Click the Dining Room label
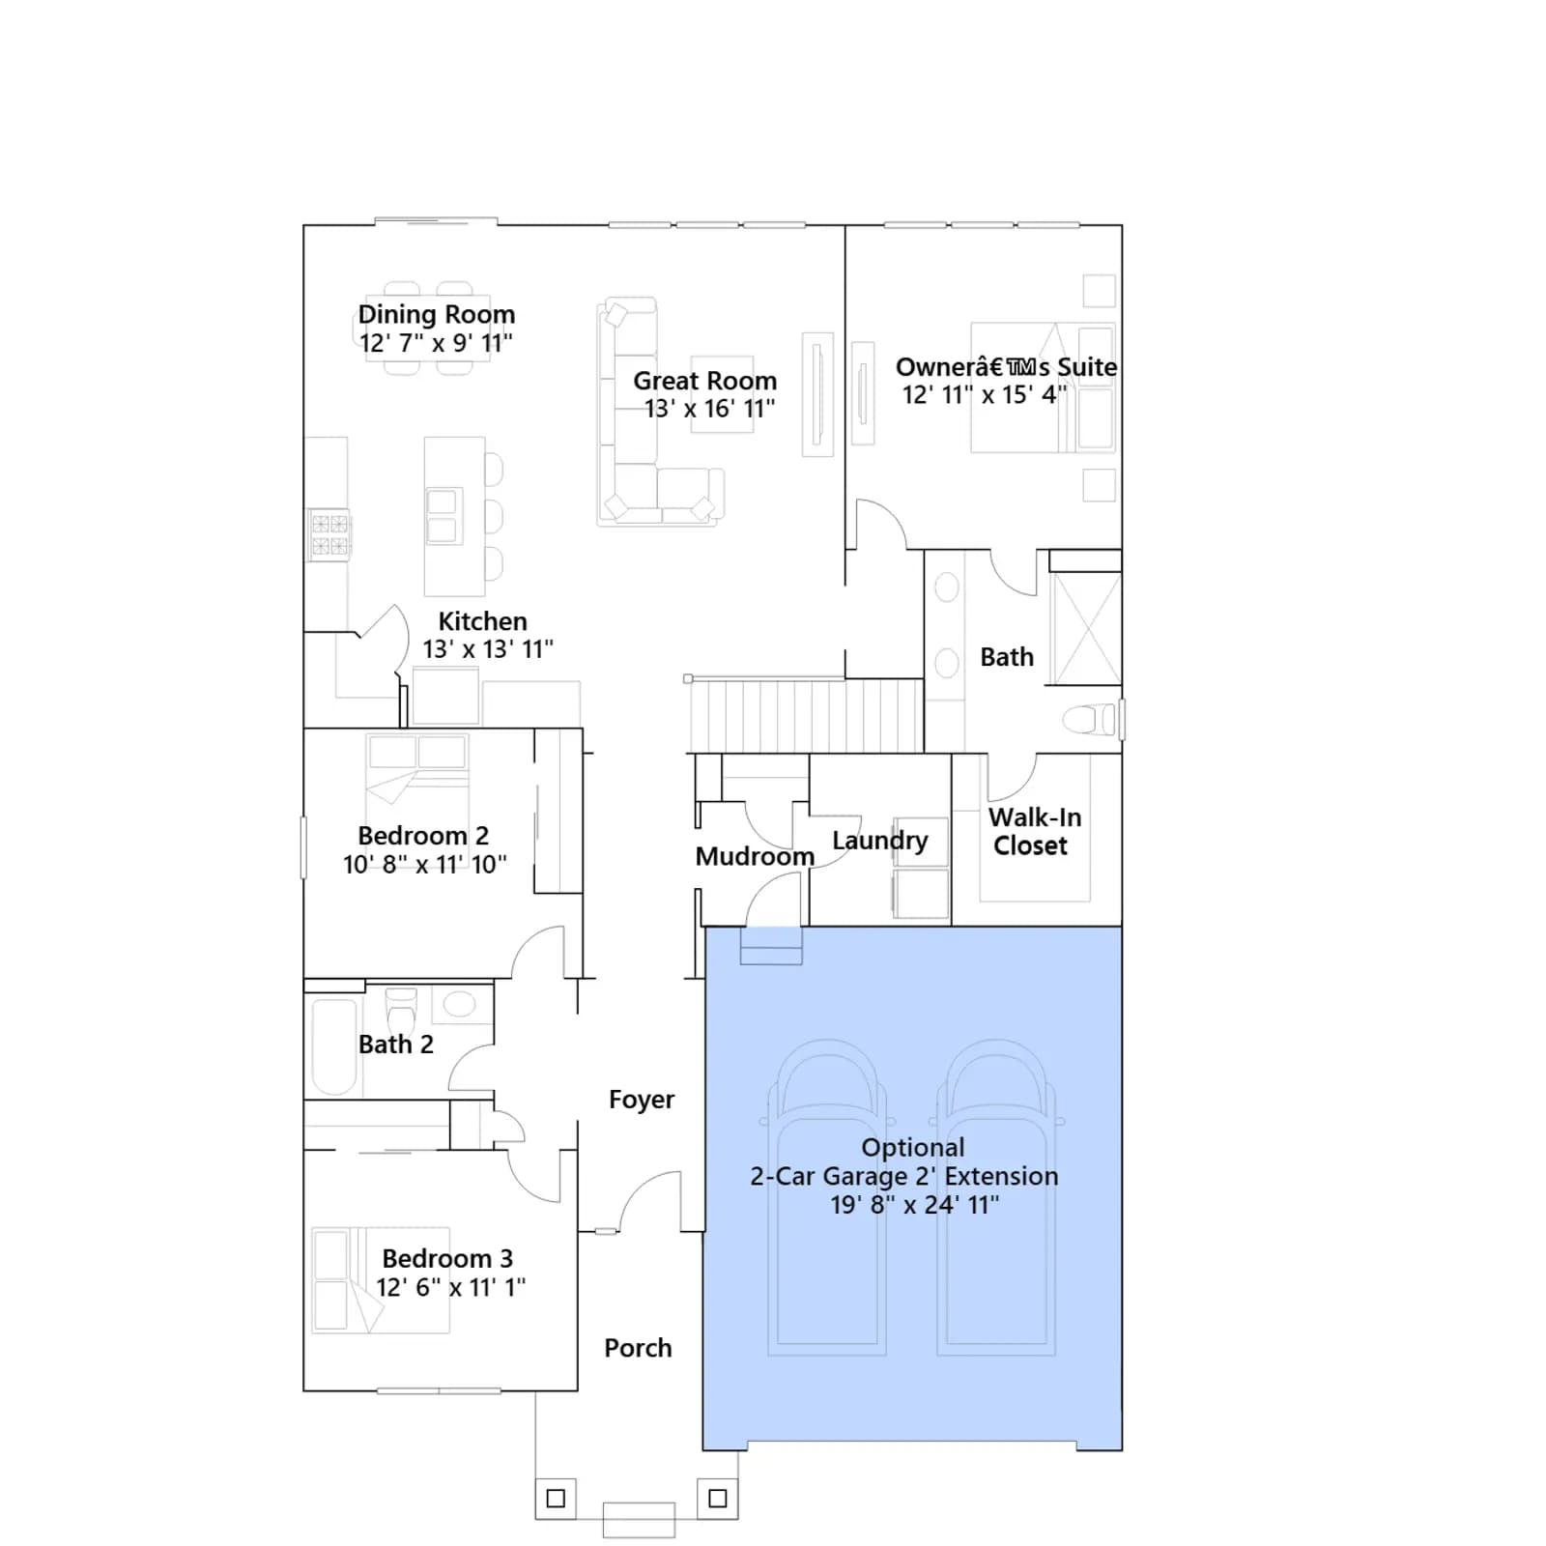click(437, 315)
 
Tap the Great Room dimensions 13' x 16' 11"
click(710, 409)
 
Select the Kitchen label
click(482, 621)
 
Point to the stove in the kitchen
click(329, 535)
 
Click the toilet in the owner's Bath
click(1090, 720)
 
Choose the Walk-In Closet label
click(1034, 831)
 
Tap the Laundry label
click(879, 841)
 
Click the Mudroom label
click(755, 857)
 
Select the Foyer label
click(642, 1100)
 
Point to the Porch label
click(638, 1348)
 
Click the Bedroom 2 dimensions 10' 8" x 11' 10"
click(425, 865)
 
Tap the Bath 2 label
click(396, 1045)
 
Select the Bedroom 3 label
click(447, 1259)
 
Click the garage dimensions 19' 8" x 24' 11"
click(915, 1205)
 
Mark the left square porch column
click(556, 1499)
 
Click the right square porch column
click(718, 1499)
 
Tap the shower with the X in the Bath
click(1086, 629)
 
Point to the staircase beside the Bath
click(806, 715)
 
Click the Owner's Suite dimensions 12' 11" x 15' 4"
click(985, 395)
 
